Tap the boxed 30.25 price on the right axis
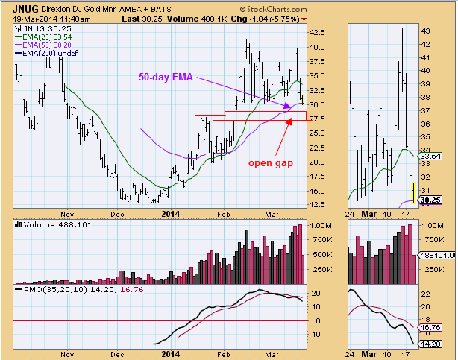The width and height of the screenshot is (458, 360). coord(431,200)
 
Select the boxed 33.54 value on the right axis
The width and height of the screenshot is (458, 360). coord(431,156)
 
